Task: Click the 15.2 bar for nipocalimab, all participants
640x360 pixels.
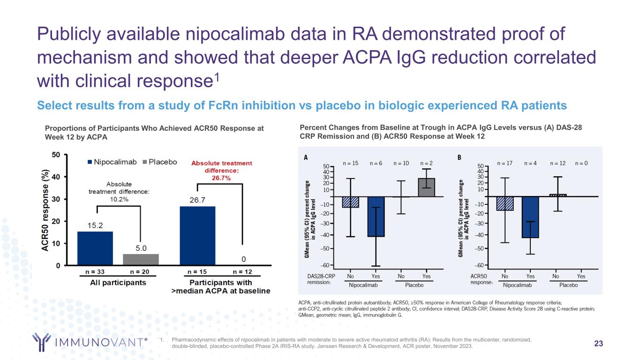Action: click(x=95, y=248)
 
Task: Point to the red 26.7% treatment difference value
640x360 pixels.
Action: click(x=222, y=178)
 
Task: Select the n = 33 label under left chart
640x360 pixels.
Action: click(x=95, y=271)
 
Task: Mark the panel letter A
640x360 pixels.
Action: click(x=306, y=158)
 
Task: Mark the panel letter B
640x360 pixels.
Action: click(x=459, y=158)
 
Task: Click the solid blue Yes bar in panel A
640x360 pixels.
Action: click(x=376, y=217)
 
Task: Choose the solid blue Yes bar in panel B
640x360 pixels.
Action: click(x=530, y=217)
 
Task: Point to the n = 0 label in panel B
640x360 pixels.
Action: click(x=582, y=164)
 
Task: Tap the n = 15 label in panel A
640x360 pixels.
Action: click(x=351, y=164)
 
